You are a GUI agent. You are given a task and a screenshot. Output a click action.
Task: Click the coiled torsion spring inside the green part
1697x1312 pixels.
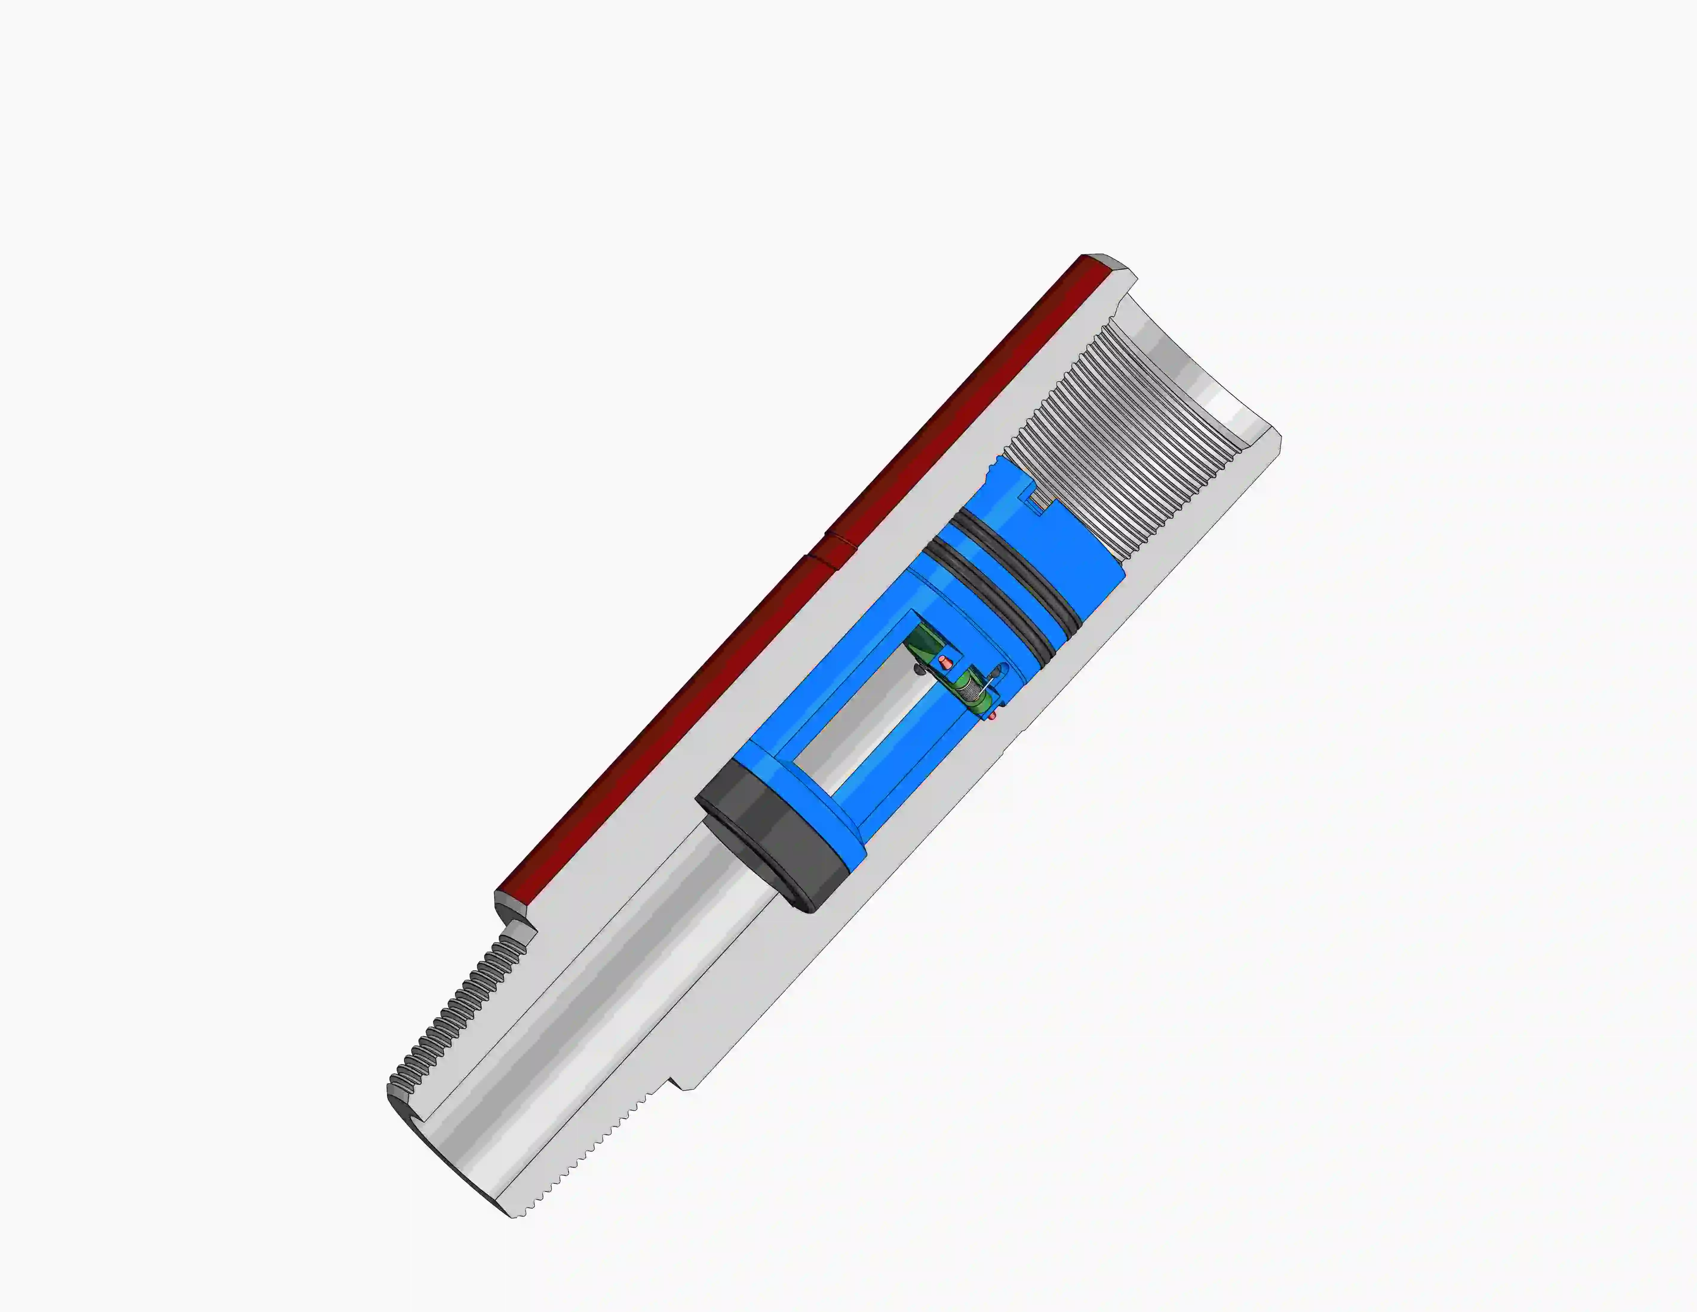969,688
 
